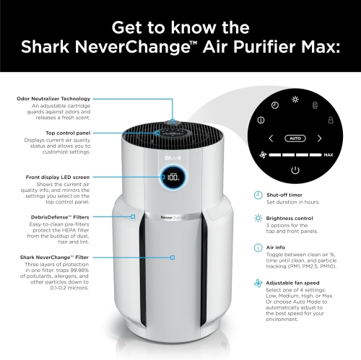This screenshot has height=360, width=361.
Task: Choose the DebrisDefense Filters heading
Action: [81, 216]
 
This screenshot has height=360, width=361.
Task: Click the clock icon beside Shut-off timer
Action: [258, 195]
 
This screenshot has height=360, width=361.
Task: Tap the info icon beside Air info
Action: [258, 247]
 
